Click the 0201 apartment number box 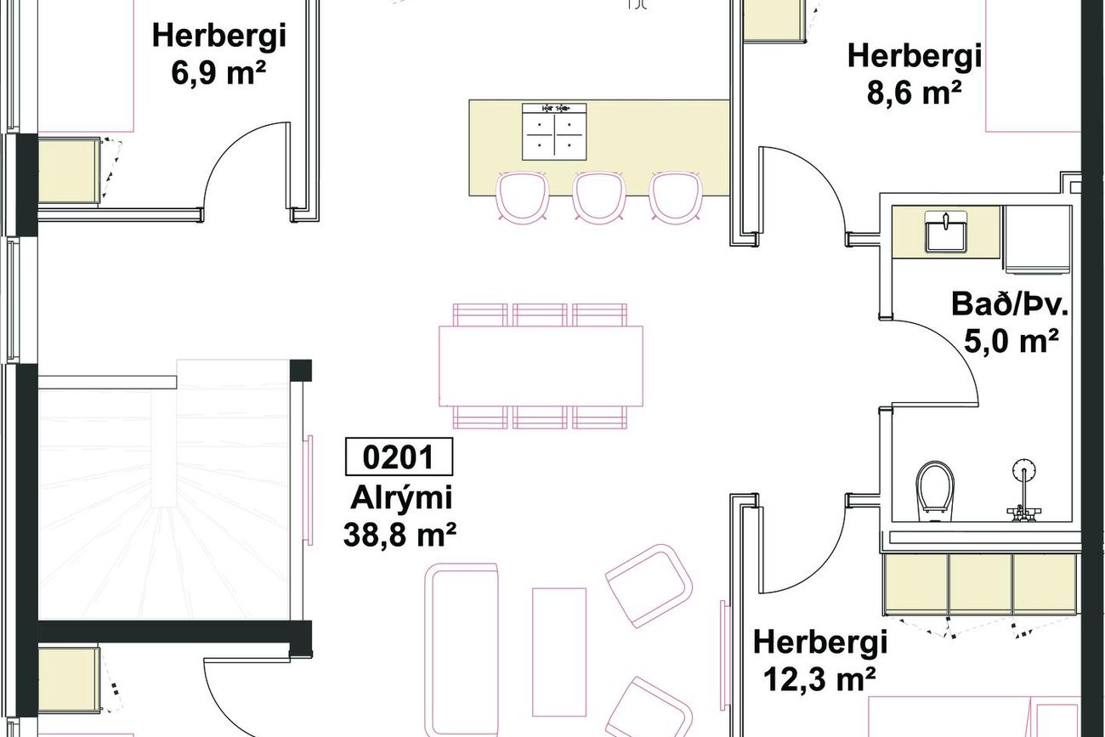coord(399,456)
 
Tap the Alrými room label coord(401,498)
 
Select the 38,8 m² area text coord(399,535)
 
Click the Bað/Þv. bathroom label coord(1009,304)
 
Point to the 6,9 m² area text coord(218,73)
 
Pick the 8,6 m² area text coord(914,93)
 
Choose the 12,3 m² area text coord(820,679)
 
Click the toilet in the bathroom coord(935,491)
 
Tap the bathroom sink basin coord(945,232)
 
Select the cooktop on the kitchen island coord(554,132)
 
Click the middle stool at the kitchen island coord(599,196)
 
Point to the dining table coord(541,366)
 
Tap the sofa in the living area coord(462,650)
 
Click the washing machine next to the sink coord(1038,240)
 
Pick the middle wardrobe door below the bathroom coord(981,585)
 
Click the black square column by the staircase coord(300,370)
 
